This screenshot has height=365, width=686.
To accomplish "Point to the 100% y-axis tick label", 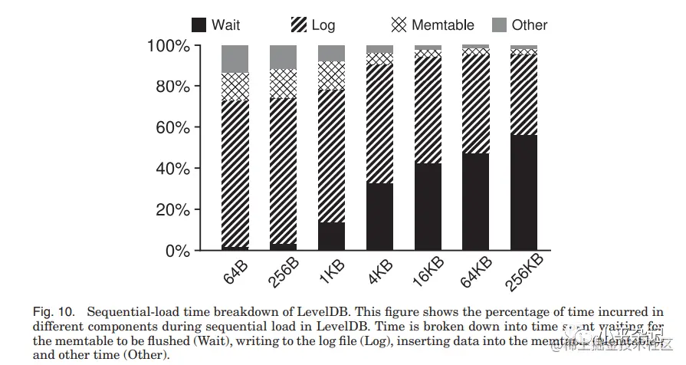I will tap(167, 46).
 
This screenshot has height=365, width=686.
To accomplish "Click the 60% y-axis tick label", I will tap(172, 127).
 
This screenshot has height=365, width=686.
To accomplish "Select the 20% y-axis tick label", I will tap(172, 209).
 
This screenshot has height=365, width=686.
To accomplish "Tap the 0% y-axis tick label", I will tap(177, 251).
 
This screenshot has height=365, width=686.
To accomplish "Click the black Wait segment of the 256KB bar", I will tap(524, 192).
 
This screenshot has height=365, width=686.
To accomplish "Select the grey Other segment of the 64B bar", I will tap(235, 59).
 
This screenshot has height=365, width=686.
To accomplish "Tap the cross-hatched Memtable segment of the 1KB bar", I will tap(331, 75).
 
